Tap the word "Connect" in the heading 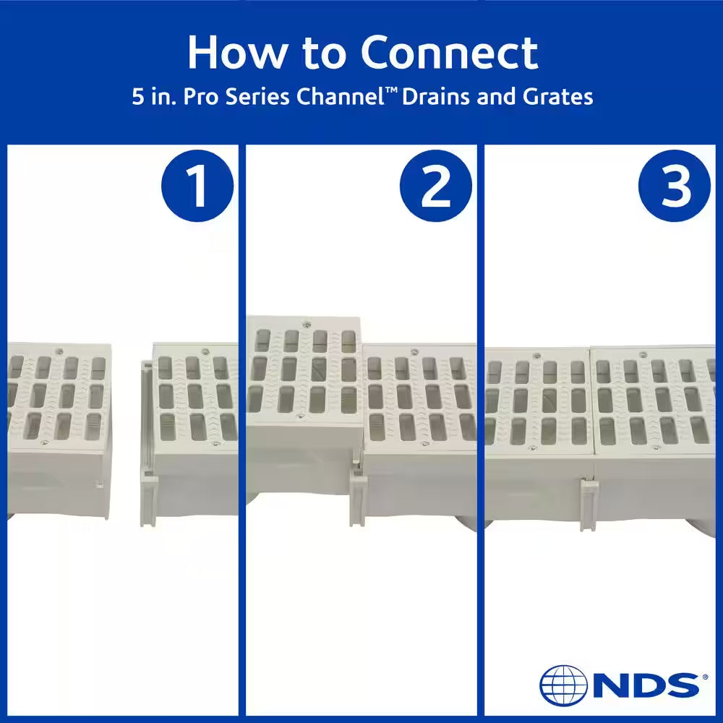click(x=450, y=52)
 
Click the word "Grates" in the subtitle click(x=558, y=98)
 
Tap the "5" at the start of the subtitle click(x=137, y=98)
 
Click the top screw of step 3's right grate click(x=643, y=355)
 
